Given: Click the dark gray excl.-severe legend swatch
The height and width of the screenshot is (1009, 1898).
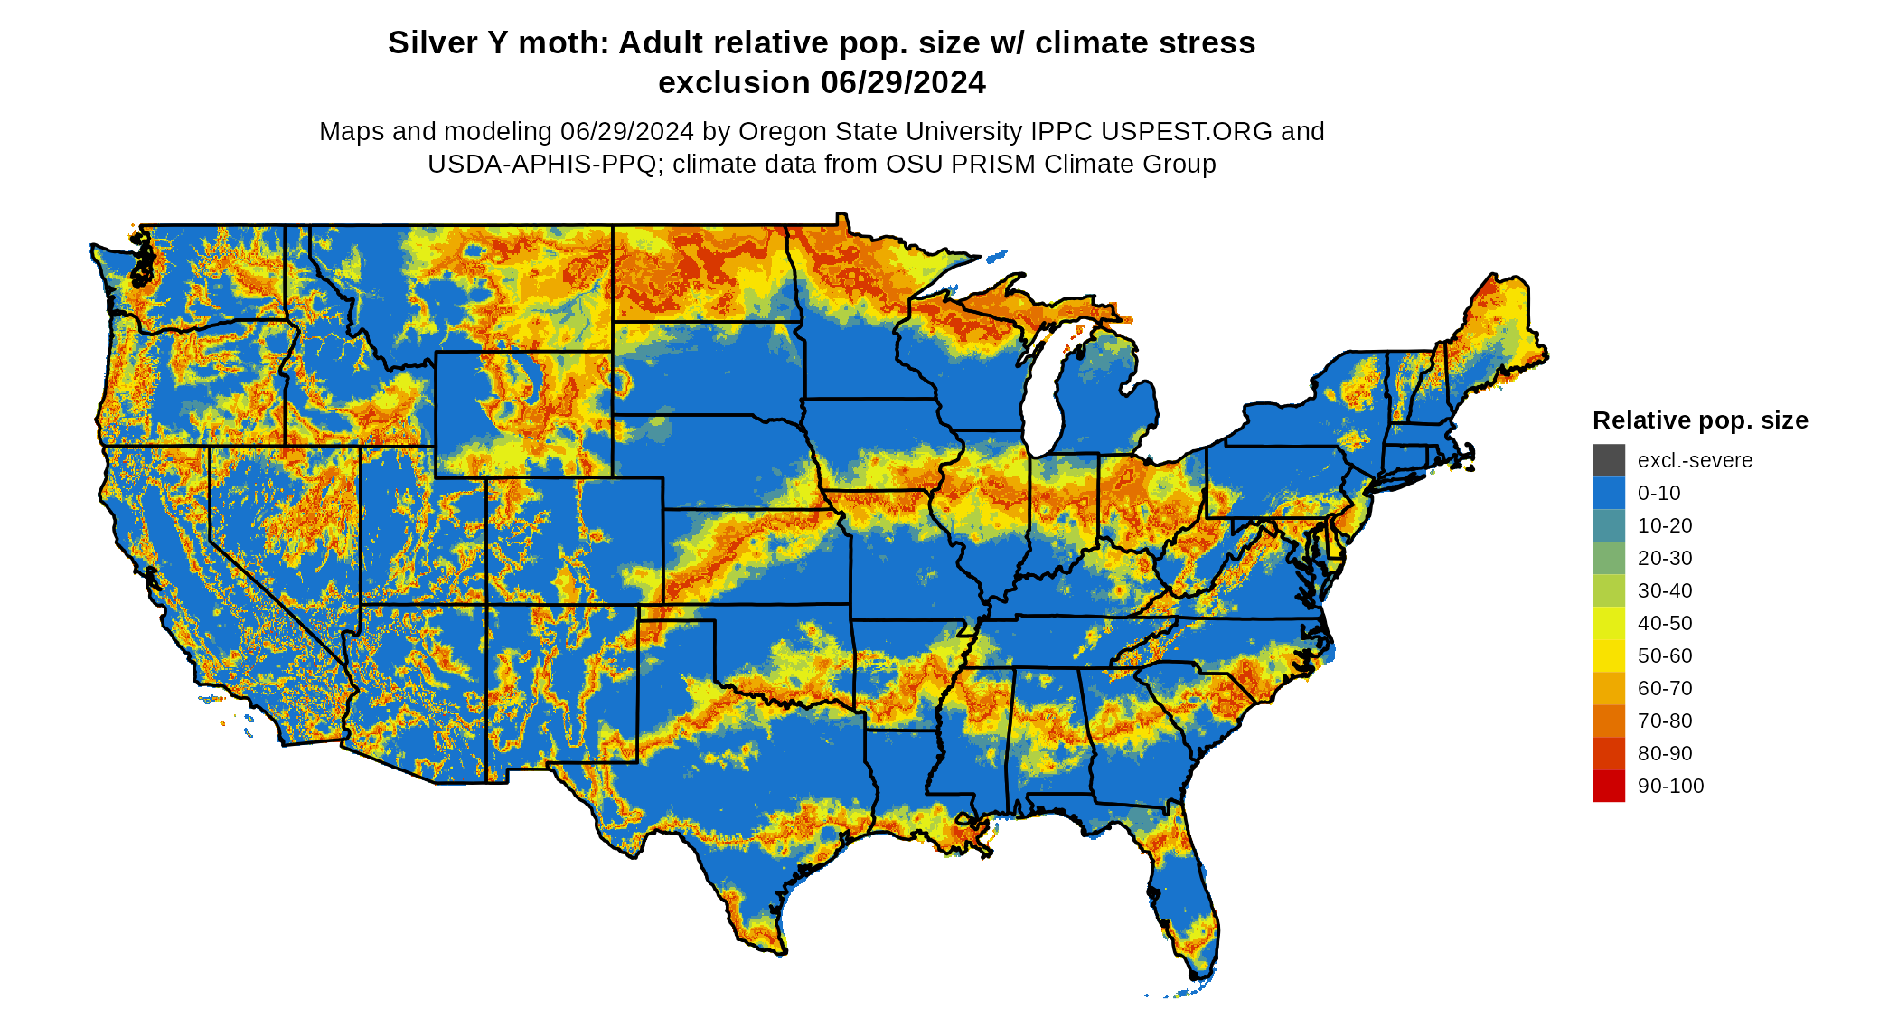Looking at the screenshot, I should [1608, 460].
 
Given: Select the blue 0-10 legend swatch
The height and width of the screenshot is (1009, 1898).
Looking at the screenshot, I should [1608, 493].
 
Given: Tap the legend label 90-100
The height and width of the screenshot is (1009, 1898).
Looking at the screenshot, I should [1670, 786].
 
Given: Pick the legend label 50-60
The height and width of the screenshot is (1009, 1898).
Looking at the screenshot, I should [1664, 655].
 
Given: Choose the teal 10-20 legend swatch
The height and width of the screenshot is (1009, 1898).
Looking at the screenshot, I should [1608, 525].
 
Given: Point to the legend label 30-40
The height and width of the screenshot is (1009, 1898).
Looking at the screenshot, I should [1664, 590].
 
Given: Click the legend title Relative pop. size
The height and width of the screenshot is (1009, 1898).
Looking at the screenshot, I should [1699, 420].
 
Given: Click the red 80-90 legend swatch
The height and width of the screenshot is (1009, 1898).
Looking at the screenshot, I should [1608, 753].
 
